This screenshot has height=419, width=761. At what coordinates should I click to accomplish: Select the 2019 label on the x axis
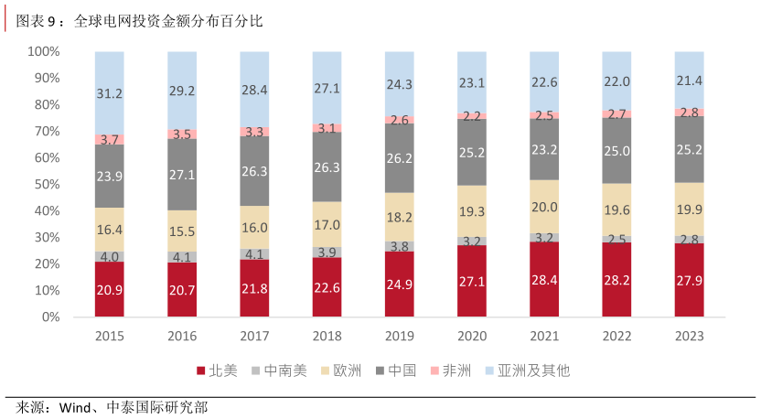coord(400,337)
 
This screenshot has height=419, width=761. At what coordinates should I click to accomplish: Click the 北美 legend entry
coord(216,371)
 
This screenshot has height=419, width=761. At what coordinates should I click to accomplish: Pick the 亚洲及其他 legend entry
coord(527,371)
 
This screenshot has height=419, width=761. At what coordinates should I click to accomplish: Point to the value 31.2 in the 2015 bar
coord(110,93)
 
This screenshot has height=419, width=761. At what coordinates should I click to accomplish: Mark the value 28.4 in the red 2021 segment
coord(545,279)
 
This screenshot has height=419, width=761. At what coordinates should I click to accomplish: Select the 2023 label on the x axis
coord(690,337)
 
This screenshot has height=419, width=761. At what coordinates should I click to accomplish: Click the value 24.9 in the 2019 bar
coord(400,283)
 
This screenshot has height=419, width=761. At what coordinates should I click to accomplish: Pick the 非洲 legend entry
coord(450,371)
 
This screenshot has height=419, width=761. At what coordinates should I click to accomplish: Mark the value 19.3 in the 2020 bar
coord(472,211)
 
